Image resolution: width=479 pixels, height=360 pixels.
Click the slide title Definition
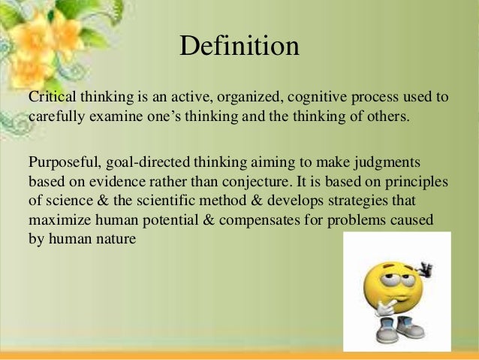[x=239, y=47]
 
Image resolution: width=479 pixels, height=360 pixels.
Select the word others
[x=390, y=117]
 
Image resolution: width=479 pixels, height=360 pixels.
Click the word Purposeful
[x=63, y=163]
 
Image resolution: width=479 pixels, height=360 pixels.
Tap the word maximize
[x=58, y=222]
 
